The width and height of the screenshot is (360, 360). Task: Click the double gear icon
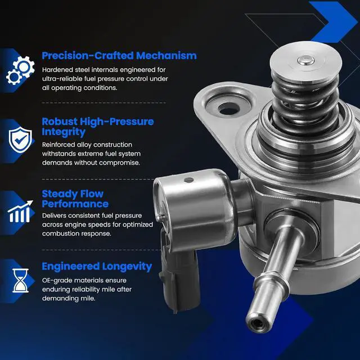tap(20, 70)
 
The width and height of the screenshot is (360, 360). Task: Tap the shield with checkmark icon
tap(20, 139)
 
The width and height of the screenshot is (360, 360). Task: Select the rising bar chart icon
tap(20, 211)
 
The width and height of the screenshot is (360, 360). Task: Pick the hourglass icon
tap(20, 280)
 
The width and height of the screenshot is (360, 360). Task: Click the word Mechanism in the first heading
tap(166, 56)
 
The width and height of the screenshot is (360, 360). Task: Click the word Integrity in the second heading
tap(64, 132)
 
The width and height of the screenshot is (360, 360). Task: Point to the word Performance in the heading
tap(75, 204)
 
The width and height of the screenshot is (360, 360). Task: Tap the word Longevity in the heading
tap(127, 267)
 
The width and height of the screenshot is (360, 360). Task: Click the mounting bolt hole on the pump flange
tap(229, 108)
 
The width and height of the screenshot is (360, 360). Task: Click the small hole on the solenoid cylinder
tap(189, 180)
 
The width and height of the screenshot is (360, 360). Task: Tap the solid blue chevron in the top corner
tap(332, 22)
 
